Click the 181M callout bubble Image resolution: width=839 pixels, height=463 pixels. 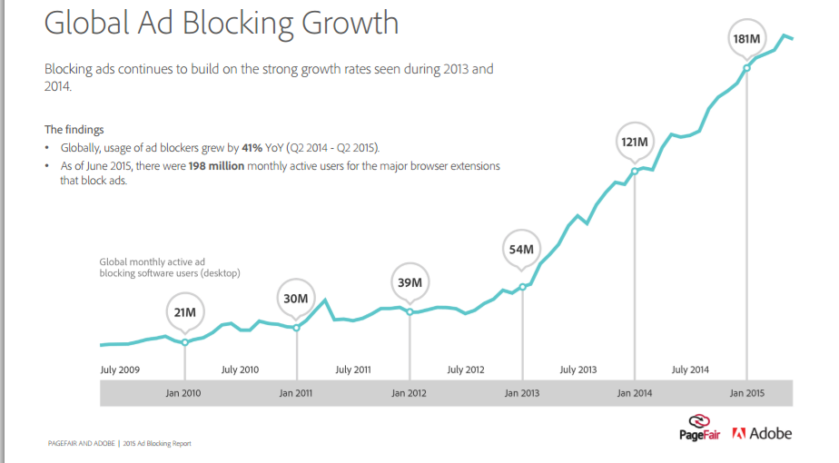click(746, 39)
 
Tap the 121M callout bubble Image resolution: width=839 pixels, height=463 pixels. click(634, 142)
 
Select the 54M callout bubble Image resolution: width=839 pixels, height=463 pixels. click(521, 250)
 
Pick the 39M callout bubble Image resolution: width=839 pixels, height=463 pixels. click(410, 282)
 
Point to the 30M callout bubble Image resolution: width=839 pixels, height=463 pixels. click(297, 299)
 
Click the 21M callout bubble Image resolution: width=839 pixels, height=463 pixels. click(185, 313)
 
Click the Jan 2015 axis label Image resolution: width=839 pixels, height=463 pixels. click(746, 393)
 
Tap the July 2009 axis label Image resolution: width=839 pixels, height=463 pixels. click(119, 369)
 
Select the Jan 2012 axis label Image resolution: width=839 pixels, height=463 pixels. click(410, 393)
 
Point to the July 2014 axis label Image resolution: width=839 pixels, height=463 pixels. click(690, 369)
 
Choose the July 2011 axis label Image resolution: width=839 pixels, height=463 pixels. click(353, 369)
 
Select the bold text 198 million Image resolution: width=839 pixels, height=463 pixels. click(216, 166)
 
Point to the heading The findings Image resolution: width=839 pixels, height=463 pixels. click(74, 130)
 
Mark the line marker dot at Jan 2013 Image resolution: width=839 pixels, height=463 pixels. click(522, 287)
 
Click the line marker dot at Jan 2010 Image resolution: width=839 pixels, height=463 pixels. click(185, 342)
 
